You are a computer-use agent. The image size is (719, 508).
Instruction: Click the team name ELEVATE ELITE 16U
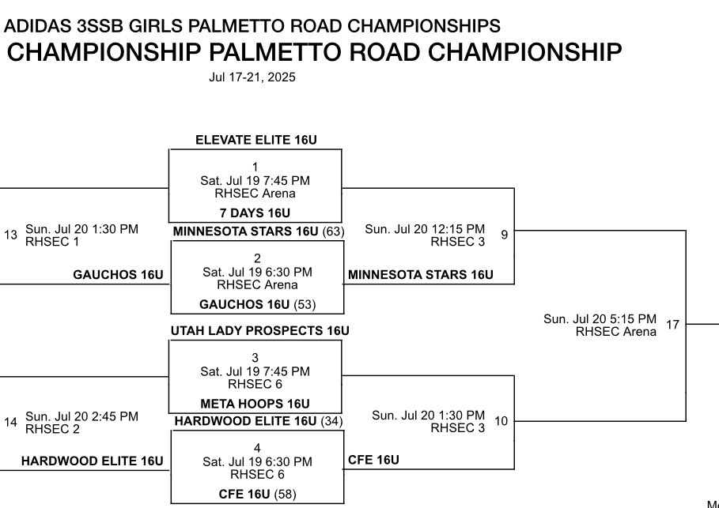point(255,140)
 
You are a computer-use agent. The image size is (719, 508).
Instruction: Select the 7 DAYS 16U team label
point(255,213)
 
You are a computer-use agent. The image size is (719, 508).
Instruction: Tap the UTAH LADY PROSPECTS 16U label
point(259,330)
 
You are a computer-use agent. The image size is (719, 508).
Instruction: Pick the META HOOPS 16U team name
point(255,404)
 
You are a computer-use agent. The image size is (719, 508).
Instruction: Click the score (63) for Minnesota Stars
point(331,231)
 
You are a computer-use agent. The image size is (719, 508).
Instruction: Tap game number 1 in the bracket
point(255,167)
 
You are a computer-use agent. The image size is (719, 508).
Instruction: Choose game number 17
point(672,324)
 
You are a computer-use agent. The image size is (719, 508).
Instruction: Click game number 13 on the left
point(10,235)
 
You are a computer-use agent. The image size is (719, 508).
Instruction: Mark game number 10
point(501,421)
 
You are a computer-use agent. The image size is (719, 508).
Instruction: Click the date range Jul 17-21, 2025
point(252,77)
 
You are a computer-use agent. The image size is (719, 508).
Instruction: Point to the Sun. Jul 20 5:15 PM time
point(600,319)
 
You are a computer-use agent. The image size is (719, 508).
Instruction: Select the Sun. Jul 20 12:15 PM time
point(425,229)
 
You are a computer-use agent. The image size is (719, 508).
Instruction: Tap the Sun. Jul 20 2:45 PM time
point(81,416)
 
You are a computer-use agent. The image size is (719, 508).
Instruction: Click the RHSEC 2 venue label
point(52,429)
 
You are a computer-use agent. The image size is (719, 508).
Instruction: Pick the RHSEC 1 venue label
point(52,242)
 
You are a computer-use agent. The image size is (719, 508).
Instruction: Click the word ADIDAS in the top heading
point(31,26)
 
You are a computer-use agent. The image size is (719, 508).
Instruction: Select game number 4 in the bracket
point(257,448)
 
